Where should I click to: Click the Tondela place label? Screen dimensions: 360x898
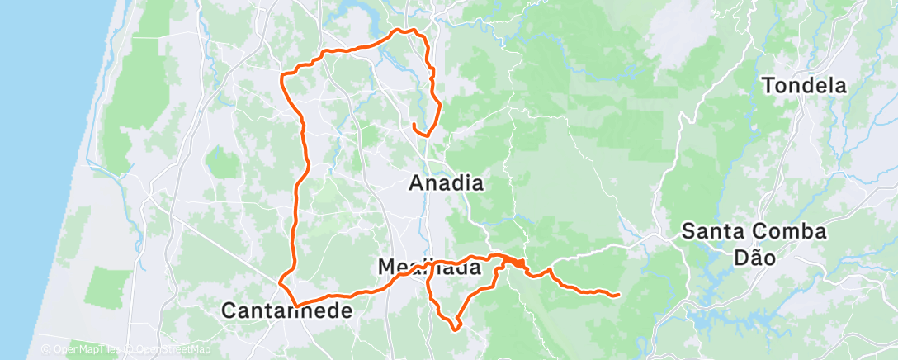804,85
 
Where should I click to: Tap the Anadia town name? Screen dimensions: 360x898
446,184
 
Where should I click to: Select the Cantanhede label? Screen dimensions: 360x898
287,311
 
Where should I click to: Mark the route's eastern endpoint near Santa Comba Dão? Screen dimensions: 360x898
618,294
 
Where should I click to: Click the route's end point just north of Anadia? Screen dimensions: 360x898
414,125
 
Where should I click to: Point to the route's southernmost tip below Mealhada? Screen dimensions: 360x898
456,329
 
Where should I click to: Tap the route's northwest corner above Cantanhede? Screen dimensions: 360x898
284,76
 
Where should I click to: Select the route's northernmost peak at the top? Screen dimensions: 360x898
401,30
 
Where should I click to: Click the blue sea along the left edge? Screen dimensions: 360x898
33,165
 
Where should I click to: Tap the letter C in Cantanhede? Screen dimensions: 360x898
230,311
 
